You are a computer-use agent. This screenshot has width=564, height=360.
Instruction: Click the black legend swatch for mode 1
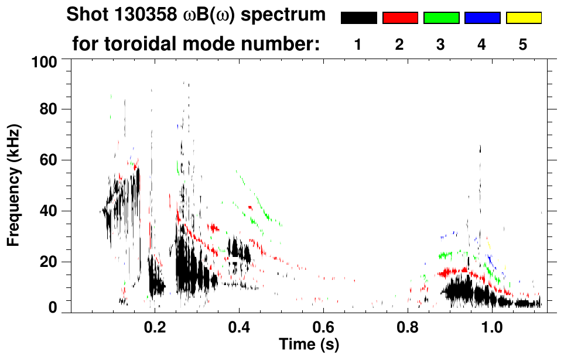pos(358,18)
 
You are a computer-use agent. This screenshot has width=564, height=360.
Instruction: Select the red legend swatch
pos(400,18)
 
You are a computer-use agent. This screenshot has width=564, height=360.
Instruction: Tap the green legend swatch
pos(441,18)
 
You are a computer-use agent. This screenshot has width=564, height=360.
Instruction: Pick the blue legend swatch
pos(482,18)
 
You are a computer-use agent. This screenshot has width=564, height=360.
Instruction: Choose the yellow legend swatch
pos(524,18)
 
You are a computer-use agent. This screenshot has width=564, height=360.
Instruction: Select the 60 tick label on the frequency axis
pos(46,160)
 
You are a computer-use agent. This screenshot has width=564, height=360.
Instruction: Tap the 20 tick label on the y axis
pos(46,261)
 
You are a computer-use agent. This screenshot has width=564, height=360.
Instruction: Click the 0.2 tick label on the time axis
pos(155,328)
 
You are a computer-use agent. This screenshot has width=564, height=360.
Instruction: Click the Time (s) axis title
pos(309,344)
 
